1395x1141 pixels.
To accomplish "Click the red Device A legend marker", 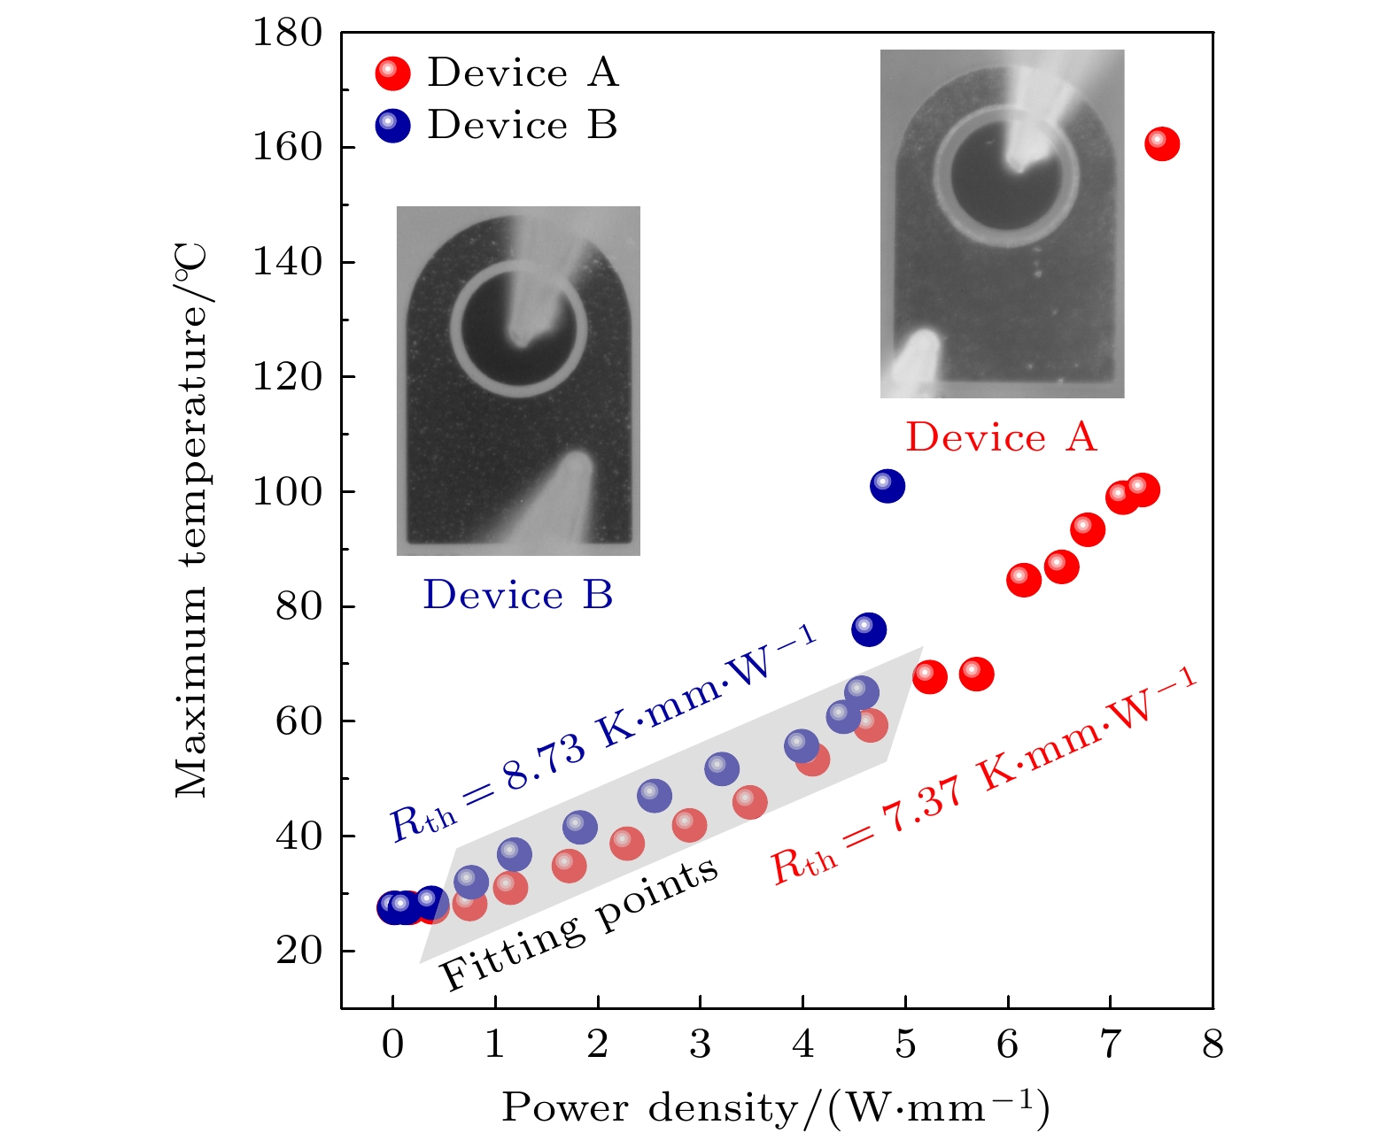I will (392, 73).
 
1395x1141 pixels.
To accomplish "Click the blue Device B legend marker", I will (392, 126).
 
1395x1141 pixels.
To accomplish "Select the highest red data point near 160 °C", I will (1161, 143).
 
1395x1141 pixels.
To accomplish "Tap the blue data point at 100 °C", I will (887, 486).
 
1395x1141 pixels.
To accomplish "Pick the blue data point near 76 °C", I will (868, 629).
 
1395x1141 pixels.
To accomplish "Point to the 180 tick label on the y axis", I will (287, 34).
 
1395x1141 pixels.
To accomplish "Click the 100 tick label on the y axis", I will (287, 492).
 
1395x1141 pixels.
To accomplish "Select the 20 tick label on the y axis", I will (298, 951).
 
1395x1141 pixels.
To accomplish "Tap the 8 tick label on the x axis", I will (1213, 1045).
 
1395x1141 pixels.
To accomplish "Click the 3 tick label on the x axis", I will (700, 1045).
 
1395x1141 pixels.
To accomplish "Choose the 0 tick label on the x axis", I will (392, 1045).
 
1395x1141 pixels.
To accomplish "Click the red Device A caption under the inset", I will (1001, 437).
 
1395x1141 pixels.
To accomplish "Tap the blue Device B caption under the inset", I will (518, 595).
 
